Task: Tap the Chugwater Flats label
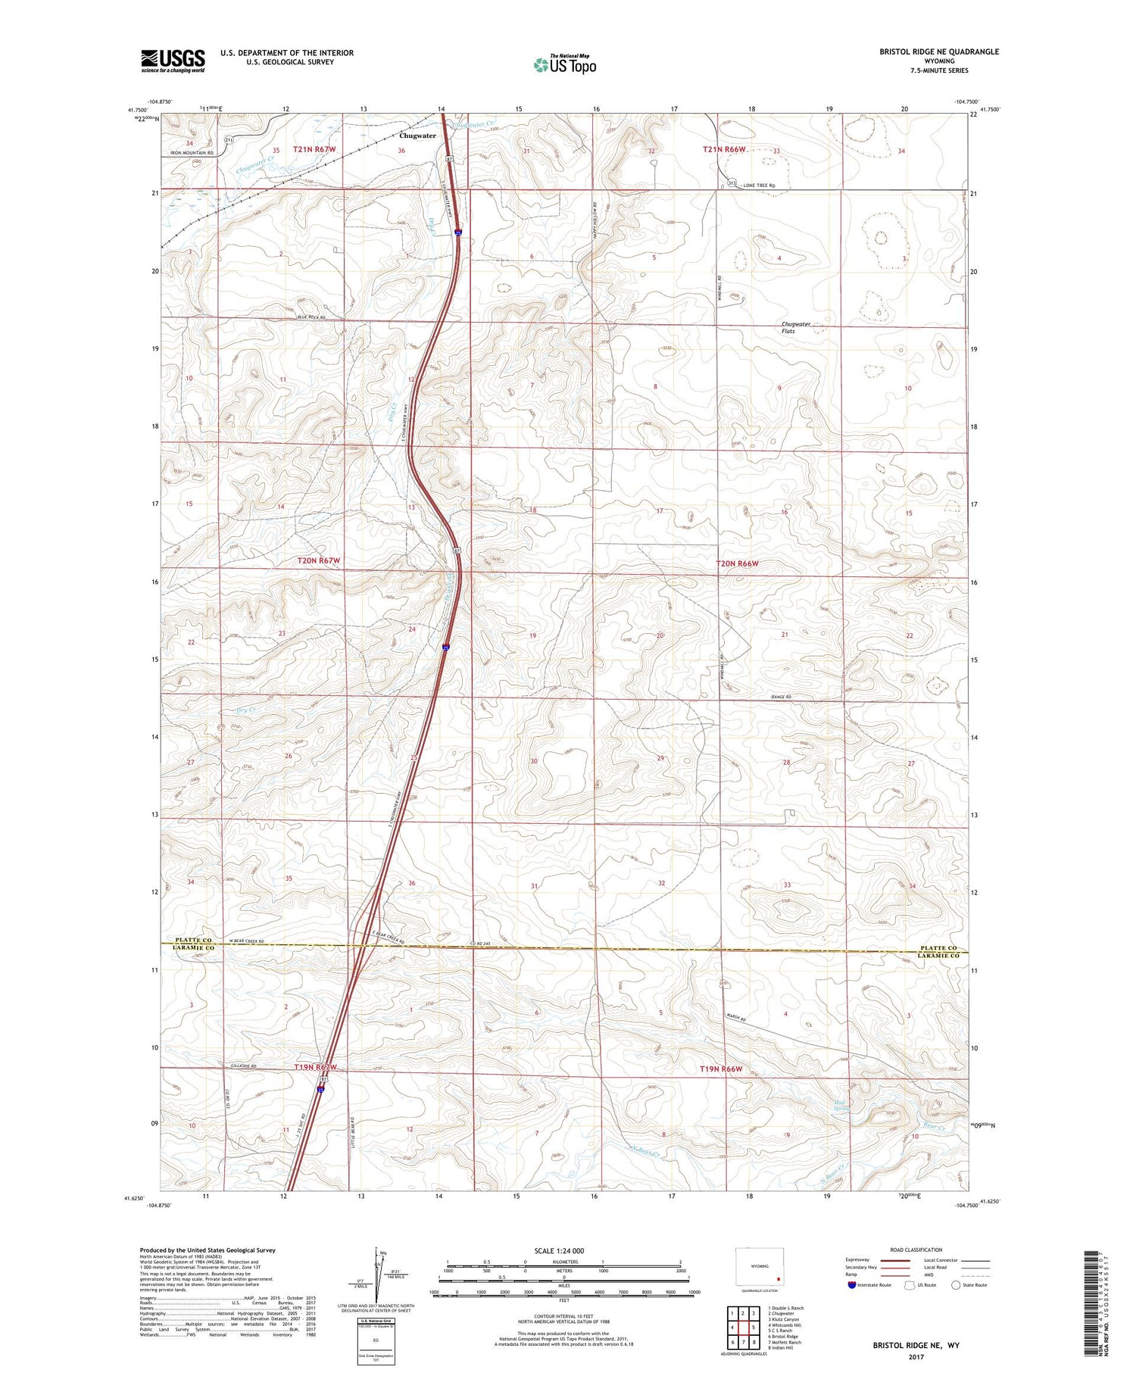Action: (795, 327)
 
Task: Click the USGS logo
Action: (173, 61)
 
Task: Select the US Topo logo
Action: (565, 64)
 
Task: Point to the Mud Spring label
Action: (842, 1107)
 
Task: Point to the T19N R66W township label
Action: (720, 1069)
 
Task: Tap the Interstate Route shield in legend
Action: (851, 1284)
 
